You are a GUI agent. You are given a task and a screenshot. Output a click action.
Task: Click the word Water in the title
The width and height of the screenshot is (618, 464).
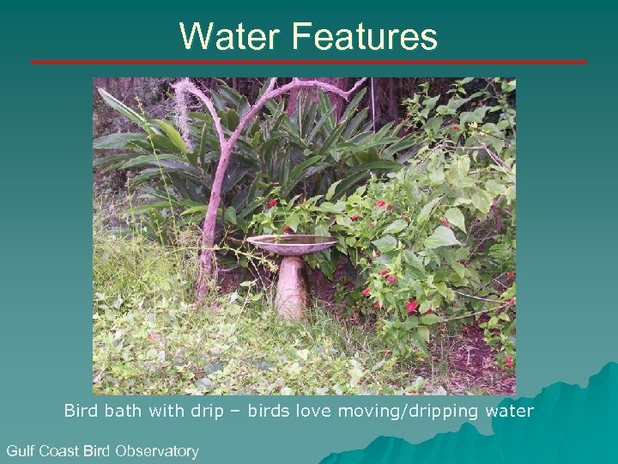230,37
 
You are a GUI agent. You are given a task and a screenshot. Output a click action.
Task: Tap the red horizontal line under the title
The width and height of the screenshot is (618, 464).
309,62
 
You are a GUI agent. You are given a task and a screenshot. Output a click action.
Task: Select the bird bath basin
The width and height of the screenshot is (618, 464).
292,244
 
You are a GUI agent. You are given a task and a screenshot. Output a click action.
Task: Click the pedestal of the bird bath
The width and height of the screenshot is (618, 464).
292,288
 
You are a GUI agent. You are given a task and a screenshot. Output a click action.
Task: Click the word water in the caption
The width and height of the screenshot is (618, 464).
509,411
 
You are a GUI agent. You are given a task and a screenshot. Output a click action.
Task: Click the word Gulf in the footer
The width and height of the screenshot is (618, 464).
21,450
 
